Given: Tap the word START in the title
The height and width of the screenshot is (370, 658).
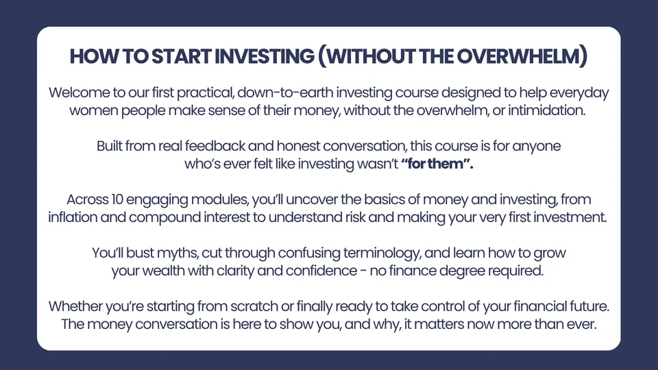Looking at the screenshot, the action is tap(181, 56).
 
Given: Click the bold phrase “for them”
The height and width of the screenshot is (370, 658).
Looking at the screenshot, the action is tap(437, 164).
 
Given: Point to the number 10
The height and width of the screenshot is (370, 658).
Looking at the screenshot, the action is tap(117, 199).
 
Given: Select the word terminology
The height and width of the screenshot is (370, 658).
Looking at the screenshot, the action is tap(382, 254).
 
